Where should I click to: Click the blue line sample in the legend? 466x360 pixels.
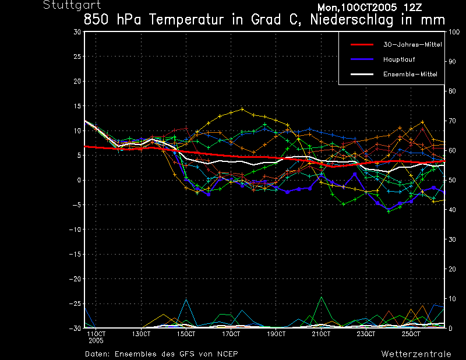click(362, 59)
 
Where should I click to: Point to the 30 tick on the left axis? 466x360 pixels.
click(77, 32)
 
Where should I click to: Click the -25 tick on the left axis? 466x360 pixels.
click(75, 303)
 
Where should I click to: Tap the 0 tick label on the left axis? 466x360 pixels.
click(79, 180)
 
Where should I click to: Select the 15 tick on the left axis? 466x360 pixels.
click(77, 106)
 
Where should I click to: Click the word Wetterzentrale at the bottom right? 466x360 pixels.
click(416, 354)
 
